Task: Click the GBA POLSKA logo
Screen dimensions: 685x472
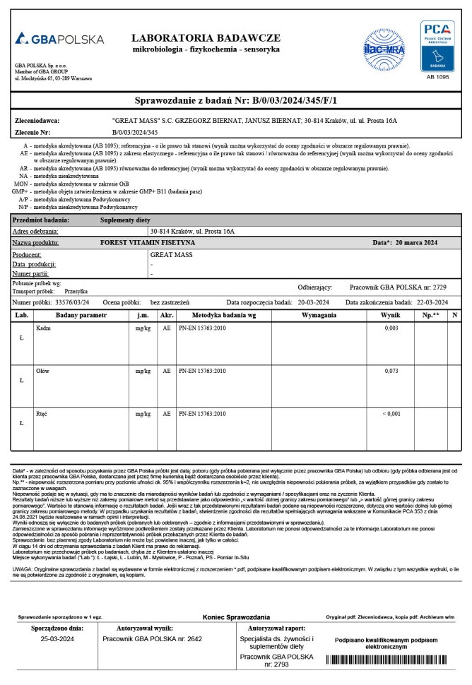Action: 60,38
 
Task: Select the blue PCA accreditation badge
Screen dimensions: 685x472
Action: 437,45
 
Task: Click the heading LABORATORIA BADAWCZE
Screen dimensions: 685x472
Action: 206,37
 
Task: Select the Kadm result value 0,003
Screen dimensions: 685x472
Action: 391,329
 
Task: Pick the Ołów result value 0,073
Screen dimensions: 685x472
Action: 391,371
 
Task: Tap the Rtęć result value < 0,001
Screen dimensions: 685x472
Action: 391,413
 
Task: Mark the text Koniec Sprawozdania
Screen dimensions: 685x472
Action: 236,616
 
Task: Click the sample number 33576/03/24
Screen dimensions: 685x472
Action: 71,302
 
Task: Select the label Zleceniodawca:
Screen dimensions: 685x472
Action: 37,121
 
